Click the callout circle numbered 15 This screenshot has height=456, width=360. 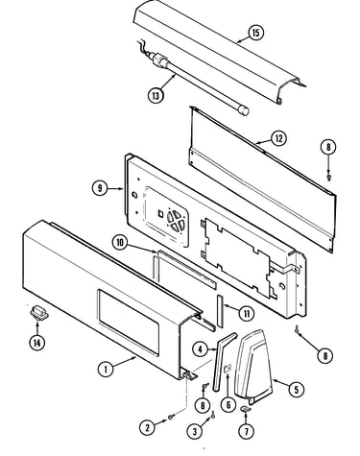point(255,33)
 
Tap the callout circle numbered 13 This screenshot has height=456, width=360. point(156,95)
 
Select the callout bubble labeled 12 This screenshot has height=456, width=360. point(278,138)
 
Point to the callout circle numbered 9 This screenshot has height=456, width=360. point(100,188)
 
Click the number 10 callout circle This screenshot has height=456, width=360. point(120,243)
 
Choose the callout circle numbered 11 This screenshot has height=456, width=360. point(247,314)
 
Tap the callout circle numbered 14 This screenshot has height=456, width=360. point(37,343)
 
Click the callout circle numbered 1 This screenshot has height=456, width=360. point(106,370)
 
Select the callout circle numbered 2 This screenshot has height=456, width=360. point(148,428)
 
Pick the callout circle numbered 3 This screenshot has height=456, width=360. point(195,432)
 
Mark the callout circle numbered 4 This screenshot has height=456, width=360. point(201,349)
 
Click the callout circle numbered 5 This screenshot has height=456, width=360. point(297,390)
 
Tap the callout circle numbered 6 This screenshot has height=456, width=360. point(228,405)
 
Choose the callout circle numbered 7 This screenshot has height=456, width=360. point(246,432)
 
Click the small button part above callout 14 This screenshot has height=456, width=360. point(39,312)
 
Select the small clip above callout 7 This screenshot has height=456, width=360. point(246,409)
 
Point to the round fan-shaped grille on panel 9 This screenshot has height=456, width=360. point(176,220)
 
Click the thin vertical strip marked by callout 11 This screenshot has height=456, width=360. point(220,311)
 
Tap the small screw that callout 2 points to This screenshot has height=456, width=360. point(172,417)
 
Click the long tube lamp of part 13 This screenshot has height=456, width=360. point(200,84)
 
